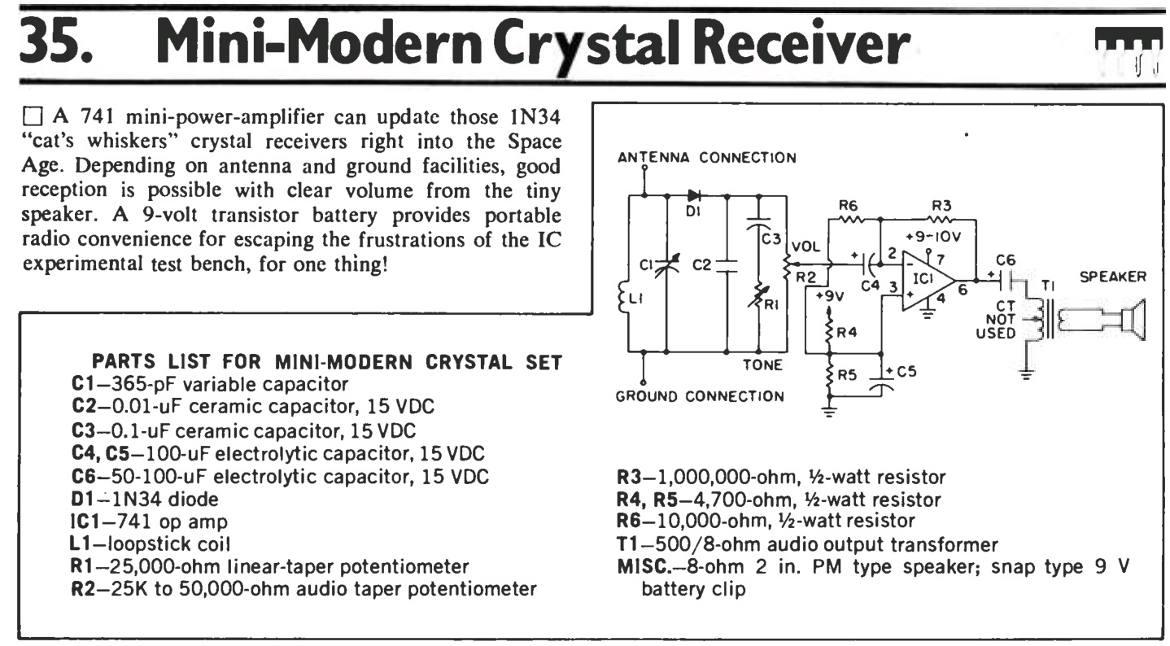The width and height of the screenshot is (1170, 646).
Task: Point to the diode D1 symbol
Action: coord(694,195)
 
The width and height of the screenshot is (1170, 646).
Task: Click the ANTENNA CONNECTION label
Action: coord(706,157)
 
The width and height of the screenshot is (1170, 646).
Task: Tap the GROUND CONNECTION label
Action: coord(701,396)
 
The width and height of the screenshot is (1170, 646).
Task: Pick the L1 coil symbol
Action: coord(632,301)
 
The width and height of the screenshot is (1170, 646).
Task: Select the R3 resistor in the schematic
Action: coord(941,218)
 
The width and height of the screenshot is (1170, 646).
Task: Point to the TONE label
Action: coord(763,365)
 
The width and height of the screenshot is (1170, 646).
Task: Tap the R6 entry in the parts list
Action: coord(766,518)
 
